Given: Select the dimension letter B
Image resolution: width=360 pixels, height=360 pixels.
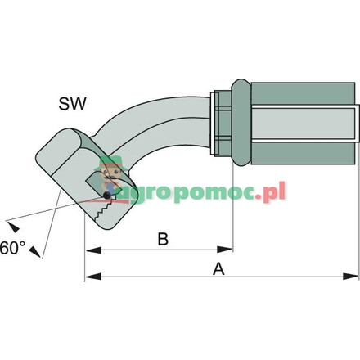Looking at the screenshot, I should [x=162, y=239].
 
